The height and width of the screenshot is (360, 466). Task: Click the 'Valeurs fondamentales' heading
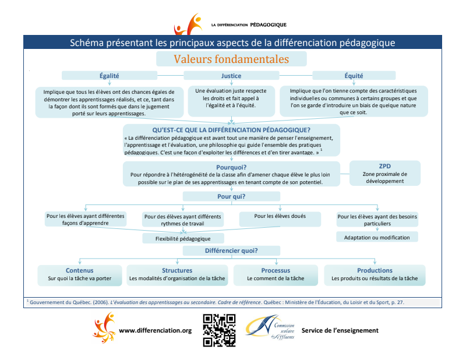click(x=231, y=59)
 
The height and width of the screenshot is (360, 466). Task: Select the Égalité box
click(x=109, y=76)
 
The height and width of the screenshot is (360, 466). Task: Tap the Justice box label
click(x=231, y=76)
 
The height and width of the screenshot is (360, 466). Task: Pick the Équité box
click(x=354, y=76)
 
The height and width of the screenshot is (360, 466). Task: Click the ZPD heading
click(x=386, y=165)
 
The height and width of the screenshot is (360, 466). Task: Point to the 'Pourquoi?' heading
click(x=231, y=167)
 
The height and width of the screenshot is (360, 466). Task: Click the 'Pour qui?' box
click(x=231, y=196)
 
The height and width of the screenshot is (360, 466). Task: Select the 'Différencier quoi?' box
click(x=231, y=250)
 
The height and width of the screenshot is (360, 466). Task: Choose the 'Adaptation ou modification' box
click(x=377, y=237)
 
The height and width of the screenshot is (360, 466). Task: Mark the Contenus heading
click(x=79, y=270)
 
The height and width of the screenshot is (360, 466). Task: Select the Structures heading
click(x=177, y=270)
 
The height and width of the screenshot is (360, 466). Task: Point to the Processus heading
click(x=276, y=270)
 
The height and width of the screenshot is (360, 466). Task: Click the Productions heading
click(x=375, y=270)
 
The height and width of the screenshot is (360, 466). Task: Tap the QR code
click(x=219, y=330)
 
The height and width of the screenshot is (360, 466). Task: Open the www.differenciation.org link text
click(x=155, y=331)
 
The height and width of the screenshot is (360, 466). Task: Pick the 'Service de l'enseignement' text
click(x=340, y=331)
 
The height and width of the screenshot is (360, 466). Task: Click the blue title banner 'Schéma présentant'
click(x=232, y=43)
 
